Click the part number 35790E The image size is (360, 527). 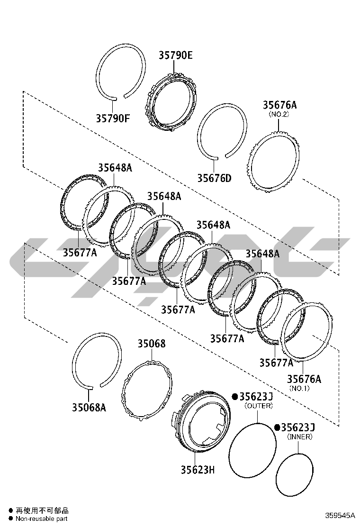pos(176,55)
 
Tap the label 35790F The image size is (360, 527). pos(113,118)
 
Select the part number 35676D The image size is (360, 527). pos(214,178)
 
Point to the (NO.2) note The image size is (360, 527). pos(279,114)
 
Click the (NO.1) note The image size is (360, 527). pos(299,388)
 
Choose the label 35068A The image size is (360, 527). pos(89,408)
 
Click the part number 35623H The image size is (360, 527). pos(198,470)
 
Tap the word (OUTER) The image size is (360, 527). pos(259,406)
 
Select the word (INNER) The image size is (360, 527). pos(299,436)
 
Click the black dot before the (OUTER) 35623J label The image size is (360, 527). pos(235,397)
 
